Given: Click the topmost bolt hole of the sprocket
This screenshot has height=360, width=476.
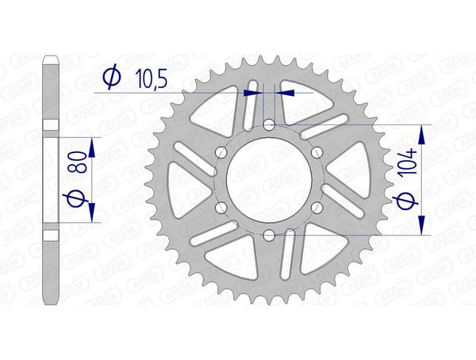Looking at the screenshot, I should click(x=269, y=125).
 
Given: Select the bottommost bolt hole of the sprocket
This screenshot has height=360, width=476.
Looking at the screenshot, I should click(x=269, y=234).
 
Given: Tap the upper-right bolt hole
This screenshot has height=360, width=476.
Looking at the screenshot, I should click(x=317, y=152).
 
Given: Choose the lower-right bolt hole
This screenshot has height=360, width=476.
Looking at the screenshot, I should click(x=317, y=207).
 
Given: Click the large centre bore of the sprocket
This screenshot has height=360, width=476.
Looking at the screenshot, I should click(x=269, y=180).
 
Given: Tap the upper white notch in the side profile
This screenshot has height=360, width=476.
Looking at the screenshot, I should click(x=49, y=125).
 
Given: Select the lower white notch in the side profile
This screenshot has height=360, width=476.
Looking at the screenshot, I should click(x=49, y=234).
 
